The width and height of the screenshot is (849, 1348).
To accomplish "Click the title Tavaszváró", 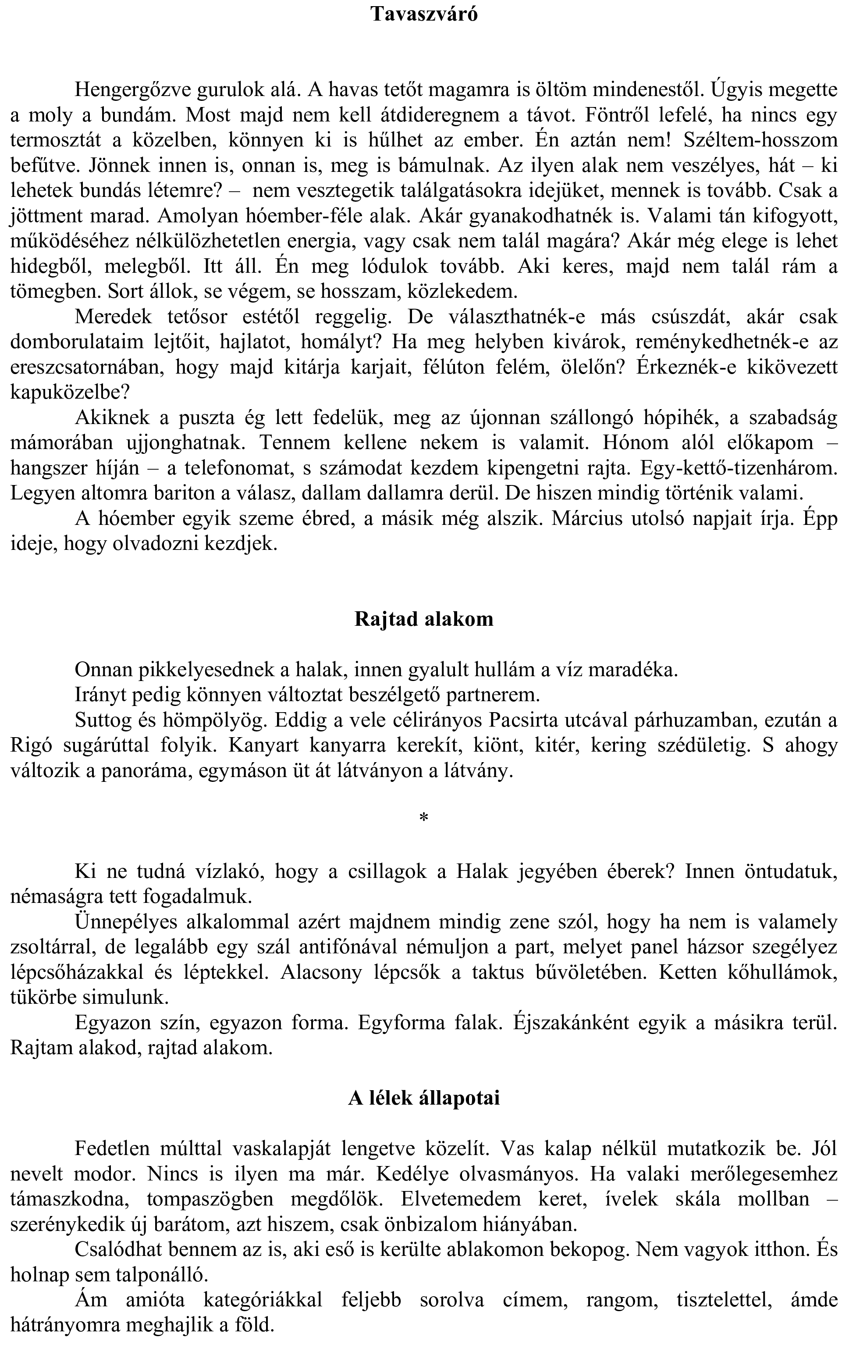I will pyautogui.click(x=424, y=14).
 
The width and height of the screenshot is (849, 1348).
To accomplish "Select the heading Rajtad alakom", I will pyautogui.click(x=424, y=619).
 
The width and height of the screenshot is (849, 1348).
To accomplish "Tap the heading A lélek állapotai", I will pyautogui.click(x=424, y=1098).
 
